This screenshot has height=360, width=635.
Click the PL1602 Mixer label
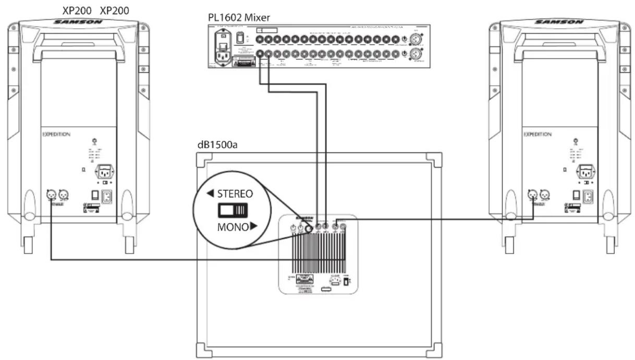click(x=239, y=17)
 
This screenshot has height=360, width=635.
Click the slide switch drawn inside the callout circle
click(x=233, y=211)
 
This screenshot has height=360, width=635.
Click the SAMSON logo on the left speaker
click(x=79, y=22)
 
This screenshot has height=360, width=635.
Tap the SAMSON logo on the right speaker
click(x=559, y=22)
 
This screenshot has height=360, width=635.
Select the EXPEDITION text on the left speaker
click(x=56, y=134)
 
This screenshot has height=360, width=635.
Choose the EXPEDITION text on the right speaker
click(x=537, y=134)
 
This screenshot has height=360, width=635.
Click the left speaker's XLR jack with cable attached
click(x=51, y=194)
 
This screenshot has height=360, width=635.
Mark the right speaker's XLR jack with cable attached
click(x=532, y=194)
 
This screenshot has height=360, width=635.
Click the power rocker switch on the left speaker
click(x=95, y=195)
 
